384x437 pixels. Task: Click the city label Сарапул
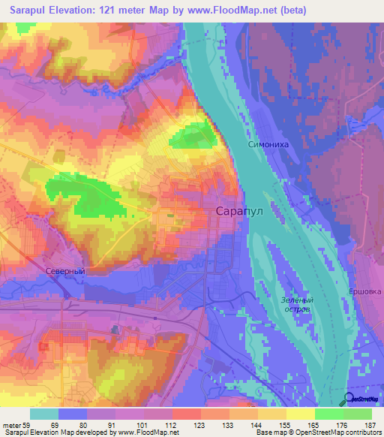pyautogui.click(x=238, y=212)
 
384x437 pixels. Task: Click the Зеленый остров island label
pyautogui.click(x=296, y=304)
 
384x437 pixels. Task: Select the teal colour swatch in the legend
pyautogui.click(x=44, y=414)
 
